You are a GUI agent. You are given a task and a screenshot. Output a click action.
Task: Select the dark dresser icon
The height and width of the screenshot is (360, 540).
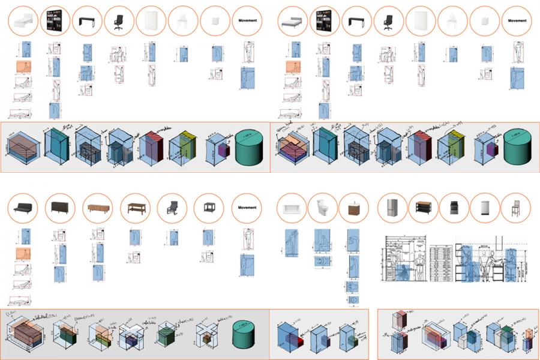pos(61,208)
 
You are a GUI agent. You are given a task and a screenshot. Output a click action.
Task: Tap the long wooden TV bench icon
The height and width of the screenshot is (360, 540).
pos(98,208)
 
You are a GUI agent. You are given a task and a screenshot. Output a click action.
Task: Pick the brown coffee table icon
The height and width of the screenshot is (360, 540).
pos(135,208)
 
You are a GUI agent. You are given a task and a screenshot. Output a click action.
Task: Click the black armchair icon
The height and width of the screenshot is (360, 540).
pos(172,208)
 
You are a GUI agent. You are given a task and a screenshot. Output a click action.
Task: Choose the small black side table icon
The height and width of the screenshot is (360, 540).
pos(209,208)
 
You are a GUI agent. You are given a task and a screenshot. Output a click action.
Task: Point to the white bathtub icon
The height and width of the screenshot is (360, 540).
pos(292,208)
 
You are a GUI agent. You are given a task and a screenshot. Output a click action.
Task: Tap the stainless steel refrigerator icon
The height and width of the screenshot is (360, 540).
pos(392,208)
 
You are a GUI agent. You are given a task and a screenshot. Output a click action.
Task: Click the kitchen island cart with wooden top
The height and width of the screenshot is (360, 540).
pos(423,208)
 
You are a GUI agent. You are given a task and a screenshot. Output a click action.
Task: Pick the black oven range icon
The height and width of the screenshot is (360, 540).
pos(454,208)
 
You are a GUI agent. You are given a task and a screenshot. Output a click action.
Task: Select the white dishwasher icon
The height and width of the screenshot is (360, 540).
pos(485,208)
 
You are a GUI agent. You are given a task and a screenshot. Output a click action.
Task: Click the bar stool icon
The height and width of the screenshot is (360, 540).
pos(515,208)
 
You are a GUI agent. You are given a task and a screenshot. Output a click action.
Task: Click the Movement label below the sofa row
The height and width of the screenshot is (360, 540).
pos(247,208)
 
